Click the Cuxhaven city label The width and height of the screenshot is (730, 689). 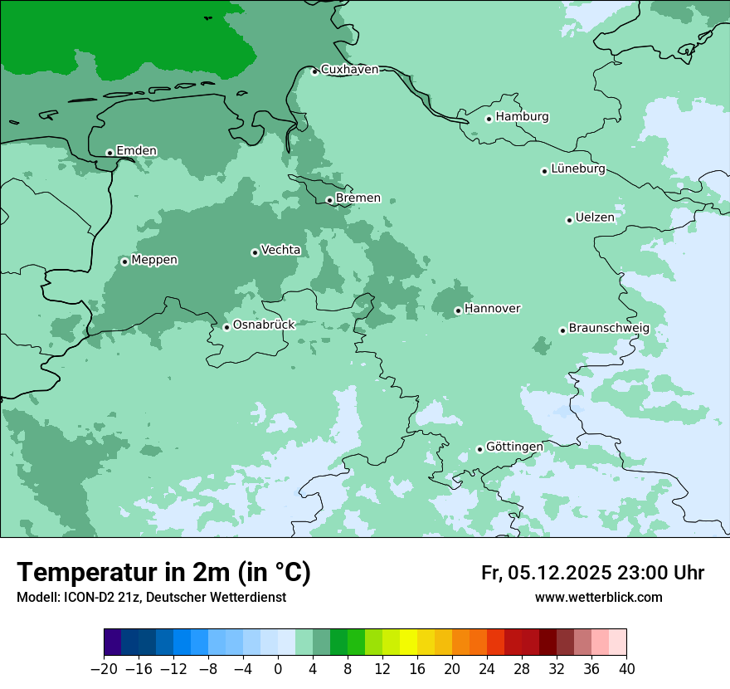tap(349, 70)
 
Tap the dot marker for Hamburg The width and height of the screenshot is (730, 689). tap(489, 119)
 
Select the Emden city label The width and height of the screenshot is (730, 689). tap(136, 151)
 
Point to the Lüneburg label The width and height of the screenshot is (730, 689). tap(578, 169)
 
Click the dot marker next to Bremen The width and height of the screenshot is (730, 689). tap(329, 200)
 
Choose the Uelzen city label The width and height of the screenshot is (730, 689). tap(595, 218)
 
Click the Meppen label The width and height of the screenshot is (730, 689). tap(154, 260)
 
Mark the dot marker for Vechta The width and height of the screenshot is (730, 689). tap(255, 252)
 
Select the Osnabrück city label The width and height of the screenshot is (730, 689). tap(264, 325)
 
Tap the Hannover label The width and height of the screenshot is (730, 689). tap(492, 309)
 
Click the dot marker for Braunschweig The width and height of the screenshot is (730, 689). tap(562, 330)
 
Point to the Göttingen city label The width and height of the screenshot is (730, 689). tap(514, 447)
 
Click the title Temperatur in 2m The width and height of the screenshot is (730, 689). tap(163, 573)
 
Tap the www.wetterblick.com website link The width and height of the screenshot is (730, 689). tap(598, 597)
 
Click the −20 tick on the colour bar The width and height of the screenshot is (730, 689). tap(104, 669)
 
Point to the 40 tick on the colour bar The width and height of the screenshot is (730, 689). tap(626, 669)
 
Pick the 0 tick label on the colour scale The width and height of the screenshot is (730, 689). tap(278, 669)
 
